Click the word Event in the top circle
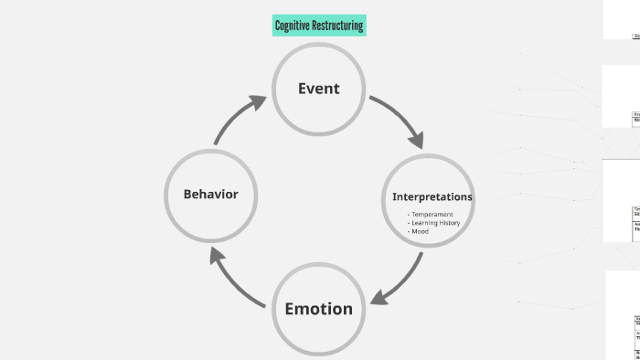point(318,89)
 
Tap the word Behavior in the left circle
point(210,194)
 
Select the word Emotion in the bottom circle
point(318,309)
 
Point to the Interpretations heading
point(432,196)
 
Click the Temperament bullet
point(431,214)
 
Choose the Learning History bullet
point(434,223)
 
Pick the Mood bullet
point(419,231)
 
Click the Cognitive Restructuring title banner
point(319,26)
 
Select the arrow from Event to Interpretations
point(398,119)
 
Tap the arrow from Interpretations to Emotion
point(400,278)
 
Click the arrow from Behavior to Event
point(238,118)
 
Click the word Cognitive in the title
point(292,26)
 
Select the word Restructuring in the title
point(337,26)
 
